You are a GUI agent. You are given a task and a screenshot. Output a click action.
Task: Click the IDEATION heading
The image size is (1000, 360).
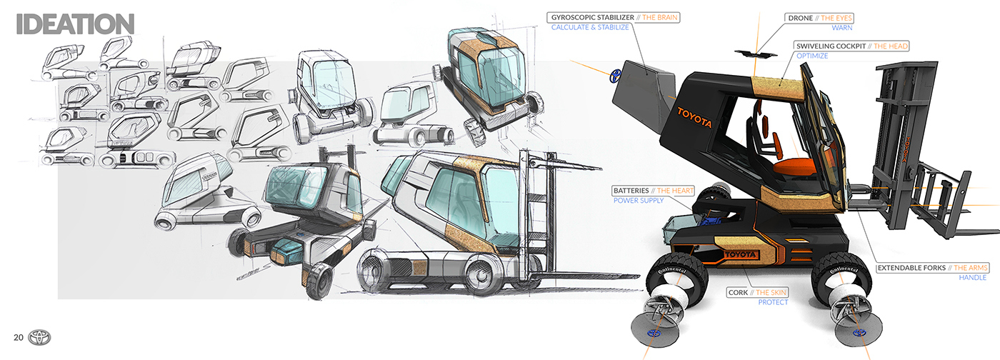pos(75,23)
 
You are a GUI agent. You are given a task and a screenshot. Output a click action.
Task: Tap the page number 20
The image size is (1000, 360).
pos(19,337)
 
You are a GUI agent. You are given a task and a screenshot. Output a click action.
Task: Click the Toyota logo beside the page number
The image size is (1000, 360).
pos(40,337)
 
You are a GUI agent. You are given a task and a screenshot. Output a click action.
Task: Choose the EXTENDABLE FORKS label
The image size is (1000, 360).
pos(933,267)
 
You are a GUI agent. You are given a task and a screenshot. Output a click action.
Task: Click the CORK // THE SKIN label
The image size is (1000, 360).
pos(757,292)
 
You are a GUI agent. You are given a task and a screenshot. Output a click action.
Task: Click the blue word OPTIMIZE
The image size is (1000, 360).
pos(812,56)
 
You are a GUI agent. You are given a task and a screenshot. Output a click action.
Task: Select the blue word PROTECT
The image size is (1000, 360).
pos(773,302)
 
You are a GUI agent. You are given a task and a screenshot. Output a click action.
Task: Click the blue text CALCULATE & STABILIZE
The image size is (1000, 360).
pos(590,27)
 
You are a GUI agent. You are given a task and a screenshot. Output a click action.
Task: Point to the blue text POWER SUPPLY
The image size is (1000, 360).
pos(639,201)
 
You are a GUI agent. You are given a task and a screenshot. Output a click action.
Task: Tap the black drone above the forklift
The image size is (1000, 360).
pos(759,50)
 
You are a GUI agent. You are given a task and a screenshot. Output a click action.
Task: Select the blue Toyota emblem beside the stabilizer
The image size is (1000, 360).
pos(614,76)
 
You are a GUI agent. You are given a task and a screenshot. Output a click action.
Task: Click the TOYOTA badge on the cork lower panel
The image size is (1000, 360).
pos(739,254)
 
